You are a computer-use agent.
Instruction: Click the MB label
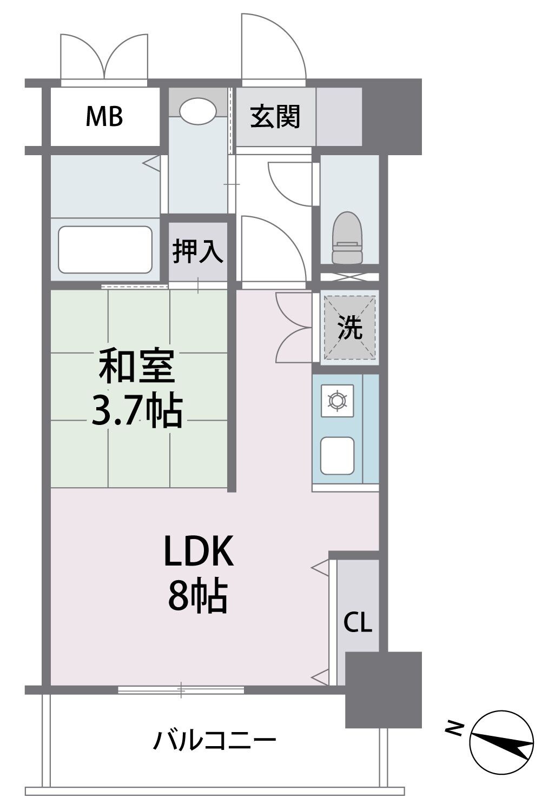[104, 116]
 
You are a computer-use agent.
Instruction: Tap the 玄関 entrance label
[275, 117]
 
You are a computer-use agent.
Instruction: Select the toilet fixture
[347, 237]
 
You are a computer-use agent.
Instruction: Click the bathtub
[105, 250]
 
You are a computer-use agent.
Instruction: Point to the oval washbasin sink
[197, 110]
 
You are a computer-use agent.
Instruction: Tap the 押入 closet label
[197, 252]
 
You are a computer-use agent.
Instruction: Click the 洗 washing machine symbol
[349, 327]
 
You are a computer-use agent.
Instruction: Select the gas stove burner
[338, 401]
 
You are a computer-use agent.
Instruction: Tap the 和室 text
[136, 366]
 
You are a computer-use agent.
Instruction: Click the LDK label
[199, 551]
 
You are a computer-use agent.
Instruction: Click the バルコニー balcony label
[214, 740]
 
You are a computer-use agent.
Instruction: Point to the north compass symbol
[501, 743]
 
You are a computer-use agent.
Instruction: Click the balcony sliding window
[181, 689]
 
